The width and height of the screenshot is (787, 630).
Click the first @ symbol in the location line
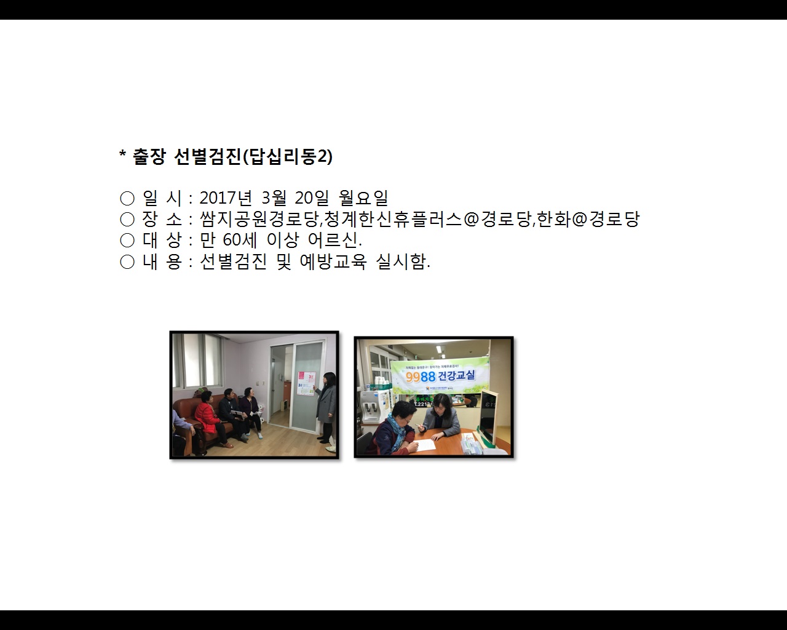click(471, 219)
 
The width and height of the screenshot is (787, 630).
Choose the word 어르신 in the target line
click(333, 240)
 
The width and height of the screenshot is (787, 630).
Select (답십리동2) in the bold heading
click(288, 157)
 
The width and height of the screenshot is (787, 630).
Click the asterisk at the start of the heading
click(122, 156)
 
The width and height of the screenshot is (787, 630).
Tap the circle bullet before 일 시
click(127, 198)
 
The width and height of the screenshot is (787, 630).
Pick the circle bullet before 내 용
click(127, 262)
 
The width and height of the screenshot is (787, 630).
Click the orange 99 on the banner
click(413, 377)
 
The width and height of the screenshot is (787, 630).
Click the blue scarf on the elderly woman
click(393, 434)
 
